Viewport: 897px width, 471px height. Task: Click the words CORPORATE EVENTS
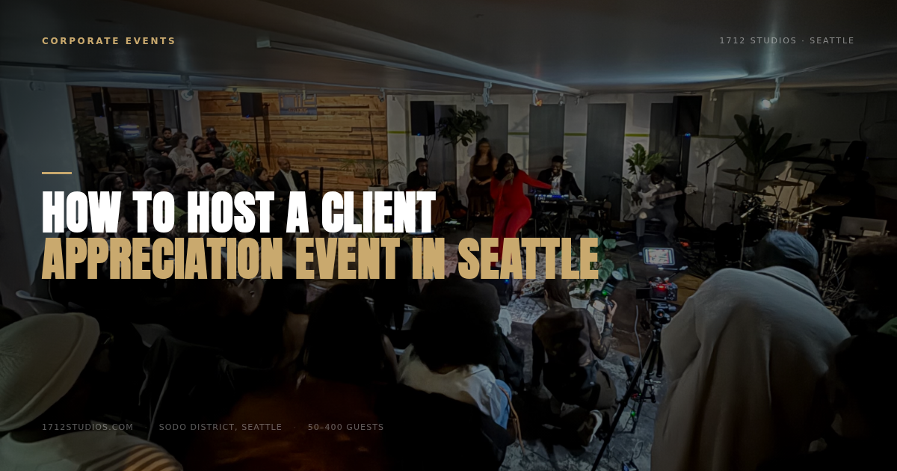click(108, 41)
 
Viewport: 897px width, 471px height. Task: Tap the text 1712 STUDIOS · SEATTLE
click(787, 40)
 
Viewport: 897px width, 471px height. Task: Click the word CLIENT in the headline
click(378, 212)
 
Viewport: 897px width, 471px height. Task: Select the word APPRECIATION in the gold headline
click(163, 259)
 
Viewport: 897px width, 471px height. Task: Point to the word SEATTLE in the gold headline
click(528, 259)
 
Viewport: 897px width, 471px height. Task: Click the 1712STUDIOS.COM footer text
click(87, 427)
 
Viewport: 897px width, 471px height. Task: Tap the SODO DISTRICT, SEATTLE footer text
click(221, 427)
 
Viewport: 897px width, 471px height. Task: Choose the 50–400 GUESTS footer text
click(345, 427)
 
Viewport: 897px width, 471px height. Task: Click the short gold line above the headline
click(57, 173)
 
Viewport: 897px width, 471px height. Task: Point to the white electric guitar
click(649, 199)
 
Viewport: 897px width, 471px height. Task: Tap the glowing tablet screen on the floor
click(659, 256)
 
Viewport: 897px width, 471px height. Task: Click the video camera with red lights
click(659, 292)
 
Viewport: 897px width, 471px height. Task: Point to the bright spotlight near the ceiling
click(765, 104)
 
